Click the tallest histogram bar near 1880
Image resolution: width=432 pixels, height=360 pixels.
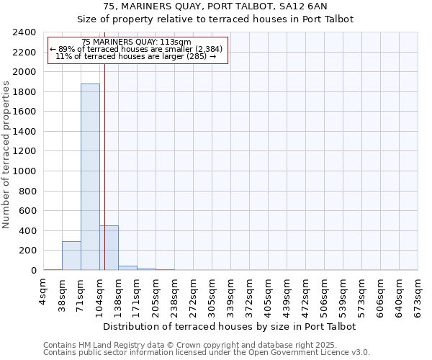(90, 176)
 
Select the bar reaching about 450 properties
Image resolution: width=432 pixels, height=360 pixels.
(109, 248)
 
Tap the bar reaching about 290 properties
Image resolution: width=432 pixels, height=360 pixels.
(71, 256)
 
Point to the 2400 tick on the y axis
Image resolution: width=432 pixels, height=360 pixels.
(25, 32)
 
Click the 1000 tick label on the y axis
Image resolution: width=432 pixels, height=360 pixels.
(25, 171)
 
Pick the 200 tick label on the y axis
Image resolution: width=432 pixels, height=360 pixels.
(28, 251)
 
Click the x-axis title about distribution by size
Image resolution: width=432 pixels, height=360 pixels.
(230, 326)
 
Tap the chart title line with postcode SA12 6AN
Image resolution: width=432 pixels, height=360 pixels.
(215, 6)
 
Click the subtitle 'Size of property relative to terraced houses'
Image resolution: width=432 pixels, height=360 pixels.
(215, 19)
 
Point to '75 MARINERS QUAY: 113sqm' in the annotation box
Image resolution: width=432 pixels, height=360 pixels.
(136, 42)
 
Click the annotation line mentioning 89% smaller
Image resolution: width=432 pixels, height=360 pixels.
(136, 49)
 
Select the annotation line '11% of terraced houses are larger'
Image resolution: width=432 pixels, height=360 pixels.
(136, 56)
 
